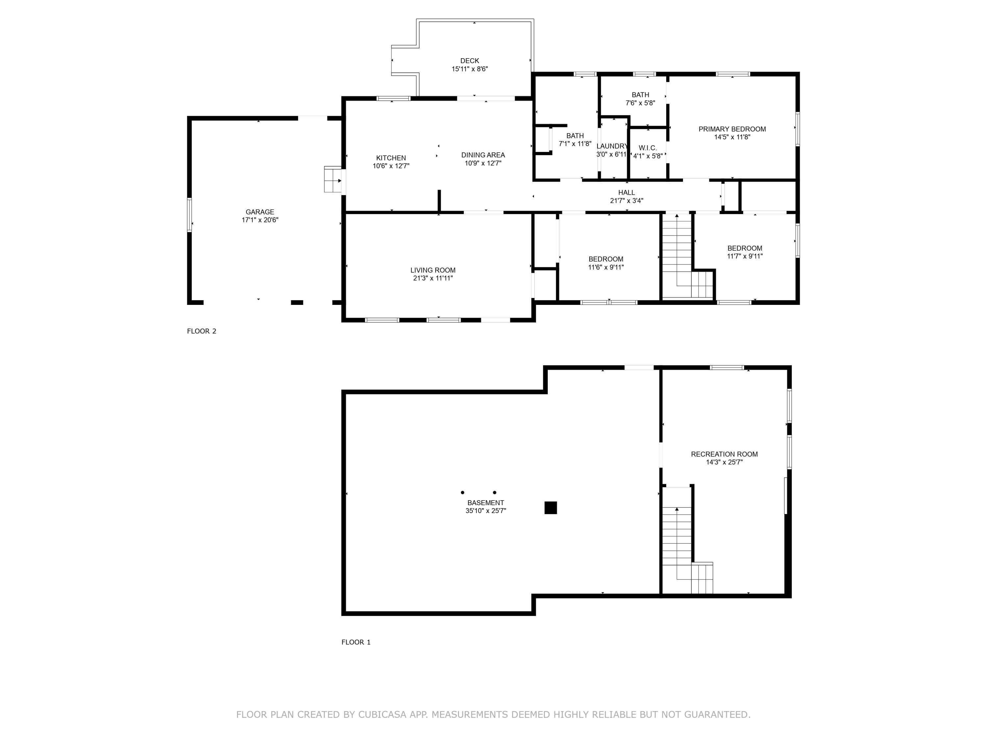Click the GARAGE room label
pos(260,212)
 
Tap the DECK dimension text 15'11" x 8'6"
pos(469,69)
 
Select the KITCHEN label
pos(391,158)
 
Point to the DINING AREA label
pos(483,155)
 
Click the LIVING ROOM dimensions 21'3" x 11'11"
pos(433,278)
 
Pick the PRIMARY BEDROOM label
pos(732,129)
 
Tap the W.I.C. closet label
pos(647,148)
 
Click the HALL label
pos(626,193)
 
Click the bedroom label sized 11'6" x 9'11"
pos(605,259)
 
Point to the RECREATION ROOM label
pos(724,454)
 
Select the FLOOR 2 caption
pos(201,331)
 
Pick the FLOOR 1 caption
pos(356,642)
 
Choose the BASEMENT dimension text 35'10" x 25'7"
pos(486,511)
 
